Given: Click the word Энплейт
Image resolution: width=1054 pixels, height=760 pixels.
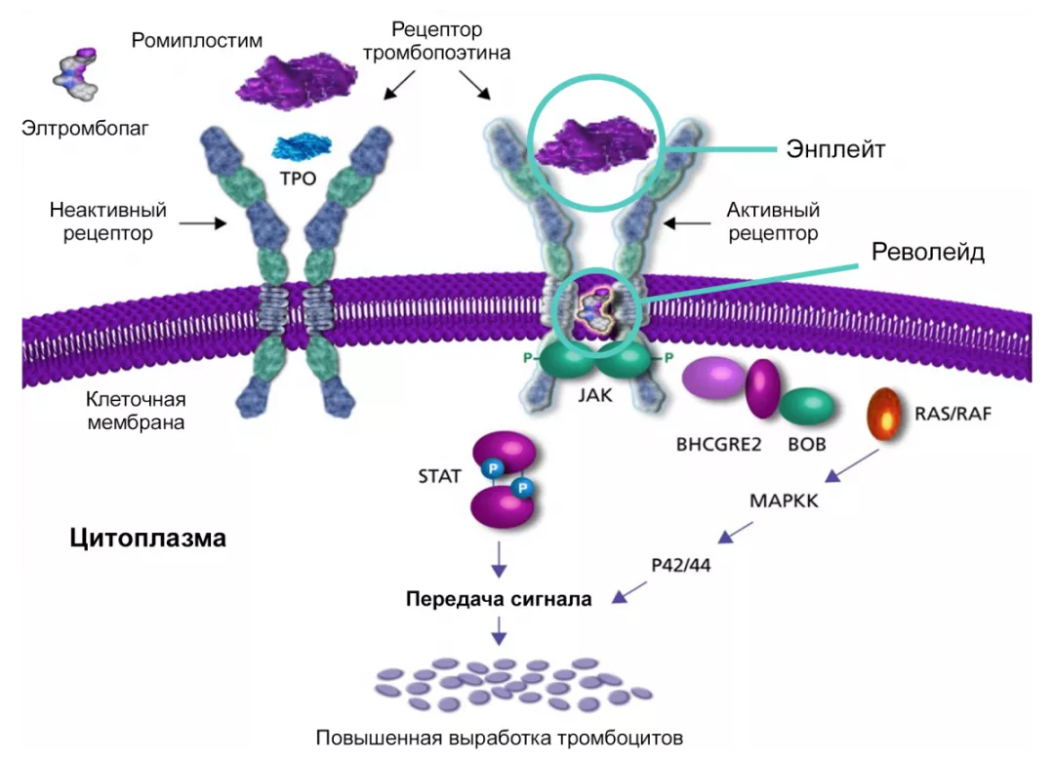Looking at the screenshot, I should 835,149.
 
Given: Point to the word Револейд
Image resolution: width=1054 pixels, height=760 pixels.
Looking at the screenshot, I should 928,252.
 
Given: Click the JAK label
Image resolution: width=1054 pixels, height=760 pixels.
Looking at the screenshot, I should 594,397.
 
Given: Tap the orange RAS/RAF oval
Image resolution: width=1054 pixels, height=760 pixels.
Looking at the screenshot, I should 885,414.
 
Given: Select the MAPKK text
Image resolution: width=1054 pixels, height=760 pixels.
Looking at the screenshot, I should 784,501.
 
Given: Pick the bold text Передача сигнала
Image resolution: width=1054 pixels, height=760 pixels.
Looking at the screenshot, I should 499,599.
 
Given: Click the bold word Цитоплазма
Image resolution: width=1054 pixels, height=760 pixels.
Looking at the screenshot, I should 148,538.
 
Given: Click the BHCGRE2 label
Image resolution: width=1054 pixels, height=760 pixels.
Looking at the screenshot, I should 717,444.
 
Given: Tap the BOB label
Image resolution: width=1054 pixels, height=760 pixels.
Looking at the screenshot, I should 807,444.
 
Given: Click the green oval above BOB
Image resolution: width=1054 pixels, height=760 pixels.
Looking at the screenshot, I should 807,407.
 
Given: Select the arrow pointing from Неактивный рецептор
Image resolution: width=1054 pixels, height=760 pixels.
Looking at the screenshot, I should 204,222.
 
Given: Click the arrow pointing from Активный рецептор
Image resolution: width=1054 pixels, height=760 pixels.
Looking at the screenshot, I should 688,222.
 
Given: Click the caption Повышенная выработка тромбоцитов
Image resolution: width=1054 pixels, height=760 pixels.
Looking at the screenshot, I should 499,737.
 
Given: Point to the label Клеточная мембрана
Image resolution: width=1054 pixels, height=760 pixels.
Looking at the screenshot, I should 136,411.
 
